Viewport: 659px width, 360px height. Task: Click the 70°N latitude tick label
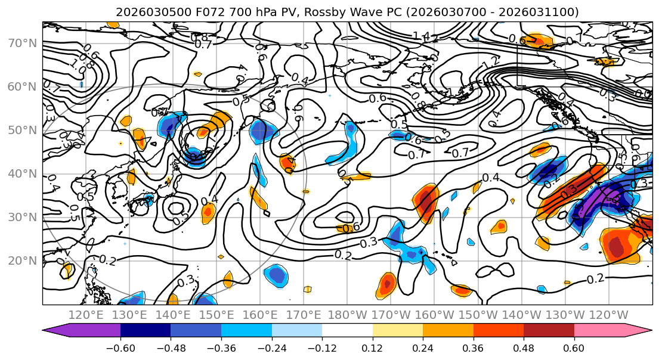(x=23, y=43)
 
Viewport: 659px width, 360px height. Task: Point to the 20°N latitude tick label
(x=23, y=260)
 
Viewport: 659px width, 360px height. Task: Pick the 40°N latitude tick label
(x=23, y=173)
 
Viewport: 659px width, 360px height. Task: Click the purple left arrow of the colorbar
(x=56, y=331)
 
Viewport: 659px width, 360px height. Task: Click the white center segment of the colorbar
(x=347, y=331)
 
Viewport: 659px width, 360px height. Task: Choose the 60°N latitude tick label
(x=23, y=86)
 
